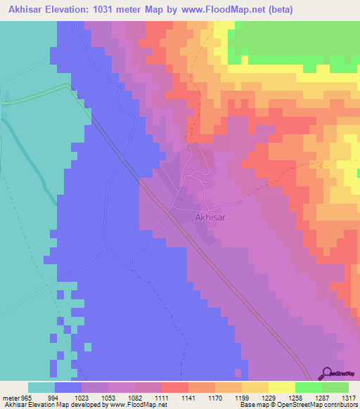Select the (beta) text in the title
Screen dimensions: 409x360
click(277, 10)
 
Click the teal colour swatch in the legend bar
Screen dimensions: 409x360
click(41, 387)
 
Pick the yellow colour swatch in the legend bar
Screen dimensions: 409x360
click(281, 387)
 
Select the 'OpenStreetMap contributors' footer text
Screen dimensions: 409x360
click(323, 405)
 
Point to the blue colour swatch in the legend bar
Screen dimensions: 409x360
click(68, 387)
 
